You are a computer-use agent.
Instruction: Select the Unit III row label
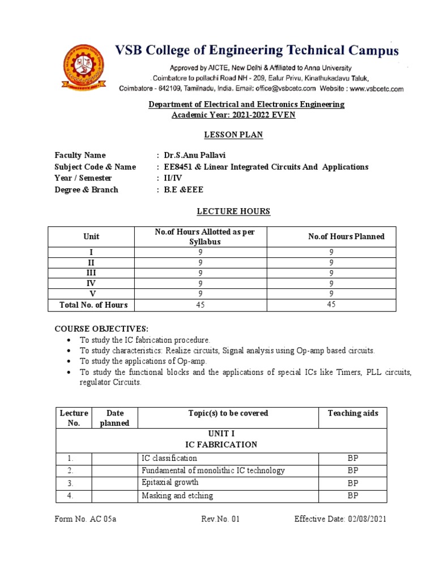pos(91,273)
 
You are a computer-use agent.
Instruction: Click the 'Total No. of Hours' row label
pos(93,305)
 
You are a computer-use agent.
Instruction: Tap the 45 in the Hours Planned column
pos(331,305)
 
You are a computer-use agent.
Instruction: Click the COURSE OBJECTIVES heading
pos(101,329)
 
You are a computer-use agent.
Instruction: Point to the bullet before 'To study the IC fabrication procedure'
pos(69,340)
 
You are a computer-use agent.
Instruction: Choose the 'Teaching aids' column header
pos(353,413)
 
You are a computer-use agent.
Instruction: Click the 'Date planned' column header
pos(115,418)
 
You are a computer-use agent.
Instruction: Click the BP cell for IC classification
pos(353,458)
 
